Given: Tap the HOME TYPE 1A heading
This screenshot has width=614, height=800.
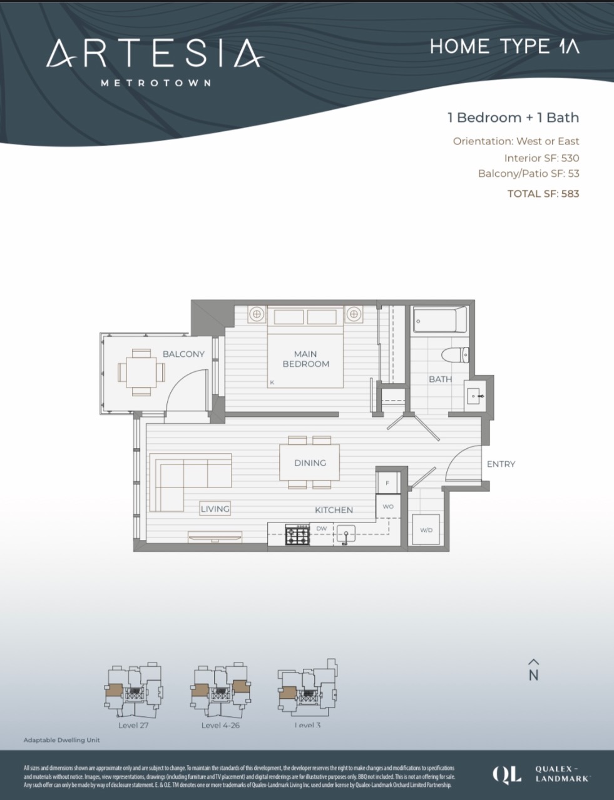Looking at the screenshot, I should (x=504, y=47).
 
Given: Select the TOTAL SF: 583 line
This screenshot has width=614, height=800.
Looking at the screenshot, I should (x=543, y=194).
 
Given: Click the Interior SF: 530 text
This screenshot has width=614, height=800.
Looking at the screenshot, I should (x=541, y=158).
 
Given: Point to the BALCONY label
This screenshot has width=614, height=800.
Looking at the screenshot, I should (x=183, y=354).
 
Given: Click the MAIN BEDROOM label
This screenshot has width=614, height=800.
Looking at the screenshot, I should (x=305, y=359).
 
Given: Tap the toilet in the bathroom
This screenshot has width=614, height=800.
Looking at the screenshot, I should (x=455, y=355).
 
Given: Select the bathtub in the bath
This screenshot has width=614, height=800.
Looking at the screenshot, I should (x=439, y=320).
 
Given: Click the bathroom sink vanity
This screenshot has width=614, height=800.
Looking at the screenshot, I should (x=474, y=396).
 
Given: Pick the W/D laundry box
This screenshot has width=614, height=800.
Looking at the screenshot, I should (x=426, y=530).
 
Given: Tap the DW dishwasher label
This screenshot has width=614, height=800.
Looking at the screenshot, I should (x=322, y=529).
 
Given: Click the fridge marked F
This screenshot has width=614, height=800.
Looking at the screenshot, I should (x=387, y=482).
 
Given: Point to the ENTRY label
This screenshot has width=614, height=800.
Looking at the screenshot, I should (x=501, y=464).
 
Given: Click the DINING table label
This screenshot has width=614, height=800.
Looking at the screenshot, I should (x=310, y=463).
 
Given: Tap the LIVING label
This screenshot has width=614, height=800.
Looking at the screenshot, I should (x=215, y=509).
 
